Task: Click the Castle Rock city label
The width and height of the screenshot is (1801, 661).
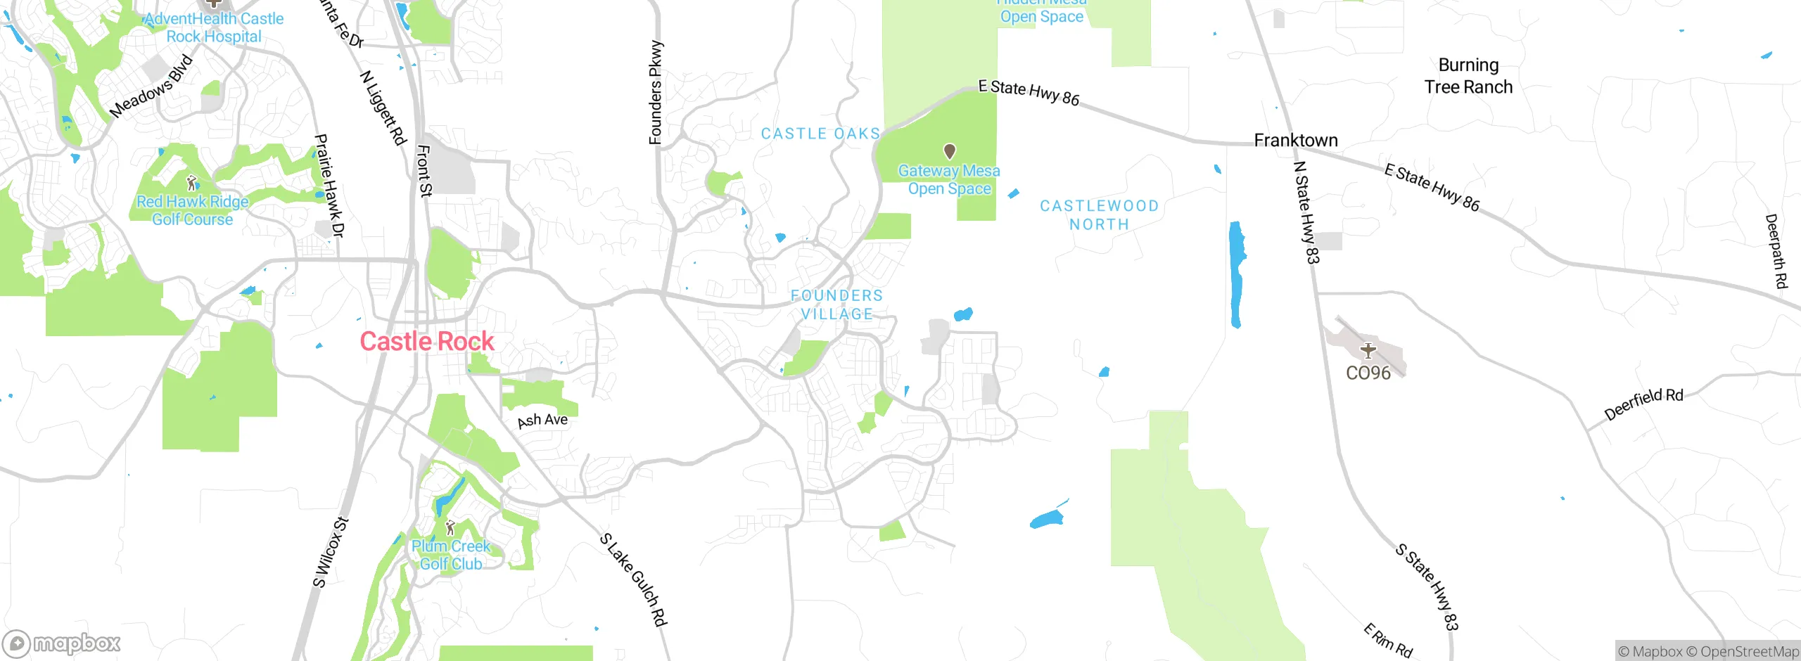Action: [x=427, y=342]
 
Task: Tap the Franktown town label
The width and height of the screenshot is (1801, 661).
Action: [x=1296, y=141]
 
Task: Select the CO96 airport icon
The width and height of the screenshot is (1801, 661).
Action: [x=1368, y=350]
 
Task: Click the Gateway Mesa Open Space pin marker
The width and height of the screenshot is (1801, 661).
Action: [x=949, y=150]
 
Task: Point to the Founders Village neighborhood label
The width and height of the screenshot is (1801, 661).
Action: [x=836, y=304]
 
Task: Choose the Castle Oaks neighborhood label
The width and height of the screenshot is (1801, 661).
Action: [x=820, y=134]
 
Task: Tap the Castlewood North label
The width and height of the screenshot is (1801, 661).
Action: [x=1099, y=215]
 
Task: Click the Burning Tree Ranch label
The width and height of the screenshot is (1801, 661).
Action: [x=1468, y=76]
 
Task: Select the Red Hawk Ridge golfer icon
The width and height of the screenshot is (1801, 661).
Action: [x=191, y=184]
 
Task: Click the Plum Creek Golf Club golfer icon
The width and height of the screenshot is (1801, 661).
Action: [x=450, y=527]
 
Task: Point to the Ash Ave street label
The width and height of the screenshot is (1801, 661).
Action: [x=542, y=421]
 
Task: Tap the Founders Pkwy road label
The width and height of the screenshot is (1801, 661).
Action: [x=656, y=93]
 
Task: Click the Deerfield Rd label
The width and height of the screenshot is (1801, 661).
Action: [x=1643, y=404]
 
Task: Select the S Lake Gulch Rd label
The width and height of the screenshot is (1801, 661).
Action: [x=633, y=579]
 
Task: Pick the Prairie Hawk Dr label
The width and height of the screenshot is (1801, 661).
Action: [x=329, y=186]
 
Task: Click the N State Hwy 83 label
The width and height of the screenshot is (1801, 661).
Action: [x=1306, y=212]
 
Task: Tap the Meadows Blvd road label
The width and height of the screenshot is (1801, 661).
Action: [x=151, y=86]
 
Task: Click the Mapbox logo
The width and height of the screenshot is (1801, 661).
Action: [x=62, y=643]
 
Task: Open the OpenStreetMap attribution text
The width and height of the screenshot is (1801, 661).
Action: [x=1749, y=652]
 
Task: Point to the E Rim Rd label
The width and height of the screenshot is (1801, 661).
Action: [x=1388, y=640]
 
